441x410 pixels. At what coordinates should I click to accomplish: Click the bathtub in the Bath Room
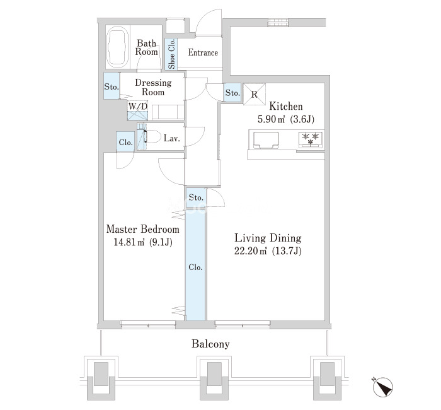coord(118,47)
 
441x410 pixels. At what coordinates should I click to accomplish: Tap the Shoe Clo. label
coord(171,54)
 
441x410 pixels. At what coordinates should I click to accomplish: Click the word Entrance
coord(203,52)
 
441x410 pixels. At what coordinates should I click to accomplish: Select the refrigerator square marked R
coord(255,94)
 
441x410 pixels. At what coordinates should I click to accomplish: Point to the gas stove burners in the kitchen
coord(311,139)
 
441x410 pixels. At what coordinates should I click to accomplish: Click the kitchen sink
coord(266,140)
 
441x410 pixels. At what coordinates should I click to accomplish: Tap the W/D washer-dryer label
coord(138,106)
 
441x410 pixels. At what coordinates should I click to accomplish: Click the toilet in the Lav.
coord(152,137)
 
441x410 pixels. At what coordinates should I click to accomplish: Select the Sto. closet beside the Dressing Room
coord(112,86)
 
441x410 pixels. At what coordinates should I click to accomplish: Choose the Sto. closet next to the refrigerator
coord(232,92)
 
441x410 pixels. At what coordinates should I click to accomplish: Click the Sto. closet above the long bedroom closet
coord(196,197)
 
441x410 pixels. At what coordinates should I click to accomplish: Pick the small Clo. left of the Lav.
coord(125,142)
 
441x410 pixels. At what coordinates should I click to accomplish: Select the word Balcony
coord(210,344)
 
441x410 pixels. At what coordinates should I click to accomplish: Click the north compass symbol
coord(382,387)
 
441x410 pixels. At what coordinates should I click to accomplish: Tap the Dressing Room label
coord(153,87)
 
